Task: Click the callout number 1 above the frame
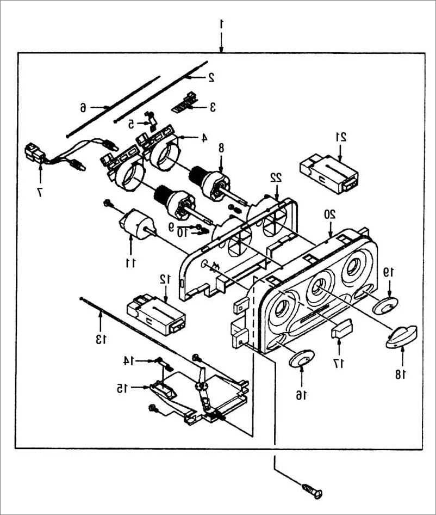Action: (x=221, y=24)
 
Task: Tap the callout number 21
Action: (x=341, y=137)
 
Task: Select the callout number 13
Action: (x=101, y=339)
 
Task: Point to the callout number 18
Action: (x=400, y=374)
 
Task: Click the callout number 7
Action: (x=40, y=192)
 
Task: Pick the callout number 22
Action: (x=276, y=177)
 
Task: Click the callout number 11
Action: (x=130, y=262)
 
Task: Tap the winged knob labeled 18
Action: (x=401, y=336)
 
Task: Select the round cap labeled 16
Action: (x=302, y=358)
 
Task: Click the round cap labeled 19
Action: (x=385, y=304)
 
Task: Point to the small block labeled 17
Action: (x=342, y=328)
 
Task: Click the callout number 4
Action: (x=204, y=138)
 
